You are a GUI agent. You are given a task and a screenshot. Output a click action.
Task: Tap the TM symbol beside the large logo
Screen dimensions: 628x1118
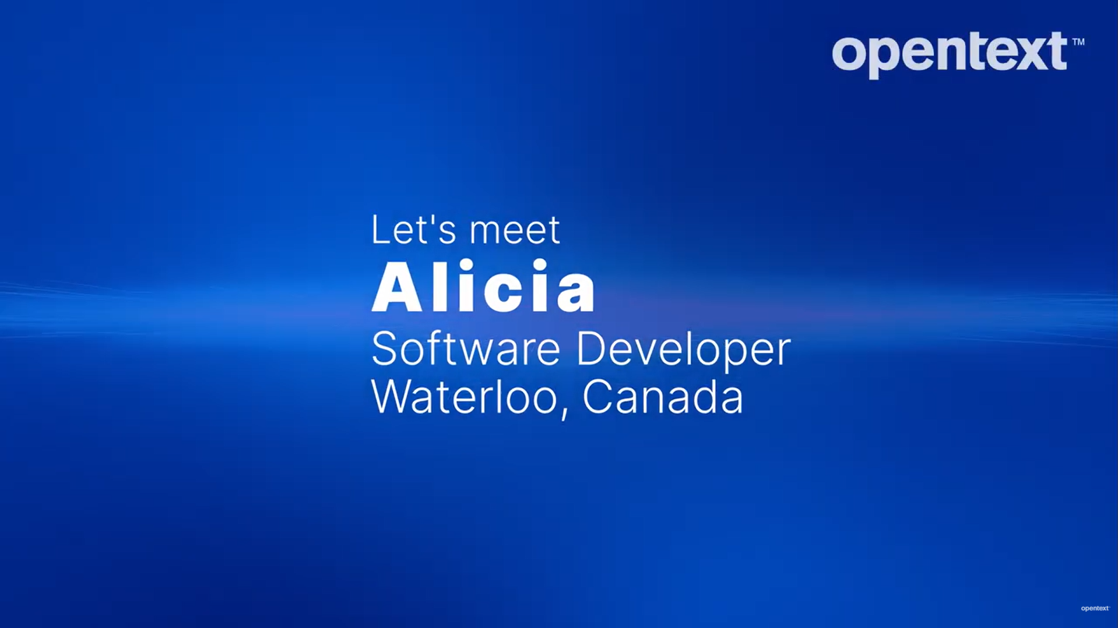tap(1078, 42)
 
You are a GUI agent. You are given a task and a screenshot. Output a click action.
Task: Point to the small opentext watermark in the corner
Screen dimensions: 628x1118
tap(1095, 608)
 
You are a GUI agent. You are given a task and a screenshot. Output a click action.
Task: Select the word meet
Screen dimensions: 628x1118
tap(515, 231)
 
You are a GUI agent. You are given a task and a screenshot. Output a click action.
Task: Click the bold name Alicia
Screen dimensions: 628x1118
tap(483, 287)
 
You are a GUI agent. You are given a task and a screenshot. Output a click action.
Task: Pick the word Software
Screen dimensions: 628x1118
tap(465, 349)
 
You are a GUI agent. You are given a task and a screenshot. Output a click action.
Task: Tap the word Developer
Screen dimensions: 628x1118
tap(683, 350)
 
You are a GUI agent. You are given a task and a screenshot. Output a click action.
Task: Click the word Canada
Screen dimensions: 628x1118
tap(663, 397)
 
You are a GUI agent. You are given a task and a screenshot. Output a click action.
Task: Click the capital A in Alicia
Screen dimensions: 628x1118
tap(396, 288)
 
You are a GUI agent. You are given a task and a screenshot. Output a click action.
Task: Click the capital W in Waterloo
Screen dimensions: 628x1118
tap(392, 397)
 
